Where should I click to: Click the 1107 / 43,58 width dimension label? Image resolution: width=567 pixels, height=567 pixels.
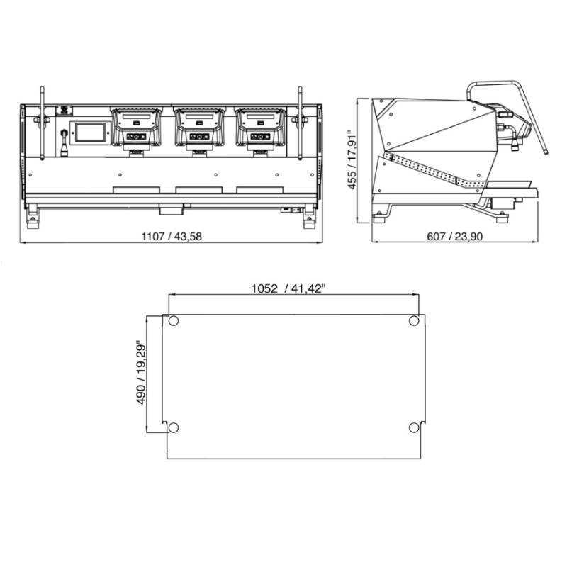172,237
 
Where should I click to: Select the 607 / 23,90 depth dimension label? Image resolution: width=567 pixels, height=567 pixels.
454,237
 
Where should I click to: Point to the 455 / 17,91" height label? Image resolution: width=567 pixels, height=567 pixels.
352,159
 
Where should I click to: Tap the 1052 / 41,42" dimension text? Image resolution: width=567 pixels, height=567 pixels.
288,288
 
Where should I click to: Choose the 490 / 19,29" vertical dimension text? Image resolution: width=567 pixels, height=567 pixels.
141,373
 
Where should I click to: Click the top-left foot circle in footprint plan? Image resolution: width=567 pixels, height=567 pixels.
173,321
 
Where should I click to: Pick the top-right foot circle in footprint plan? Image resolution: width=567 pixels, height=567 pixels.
414,321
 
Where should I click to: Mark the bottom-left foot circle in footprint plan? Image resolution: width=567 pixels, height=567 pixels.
174,427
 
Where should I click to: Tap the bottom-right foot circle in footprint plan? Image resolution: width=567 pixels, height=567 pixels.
414,427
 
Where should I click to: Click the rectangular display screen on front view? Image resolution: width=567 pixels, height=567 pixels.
90,132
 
